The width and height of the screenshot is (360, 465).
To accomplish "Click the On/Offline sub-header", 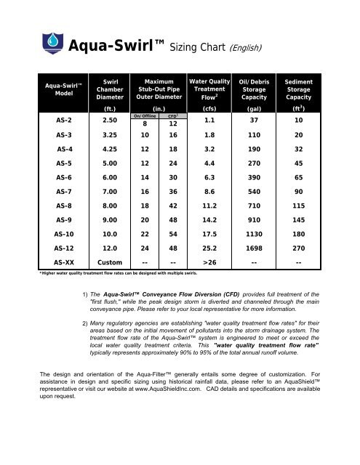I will (x=146, y=115).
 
